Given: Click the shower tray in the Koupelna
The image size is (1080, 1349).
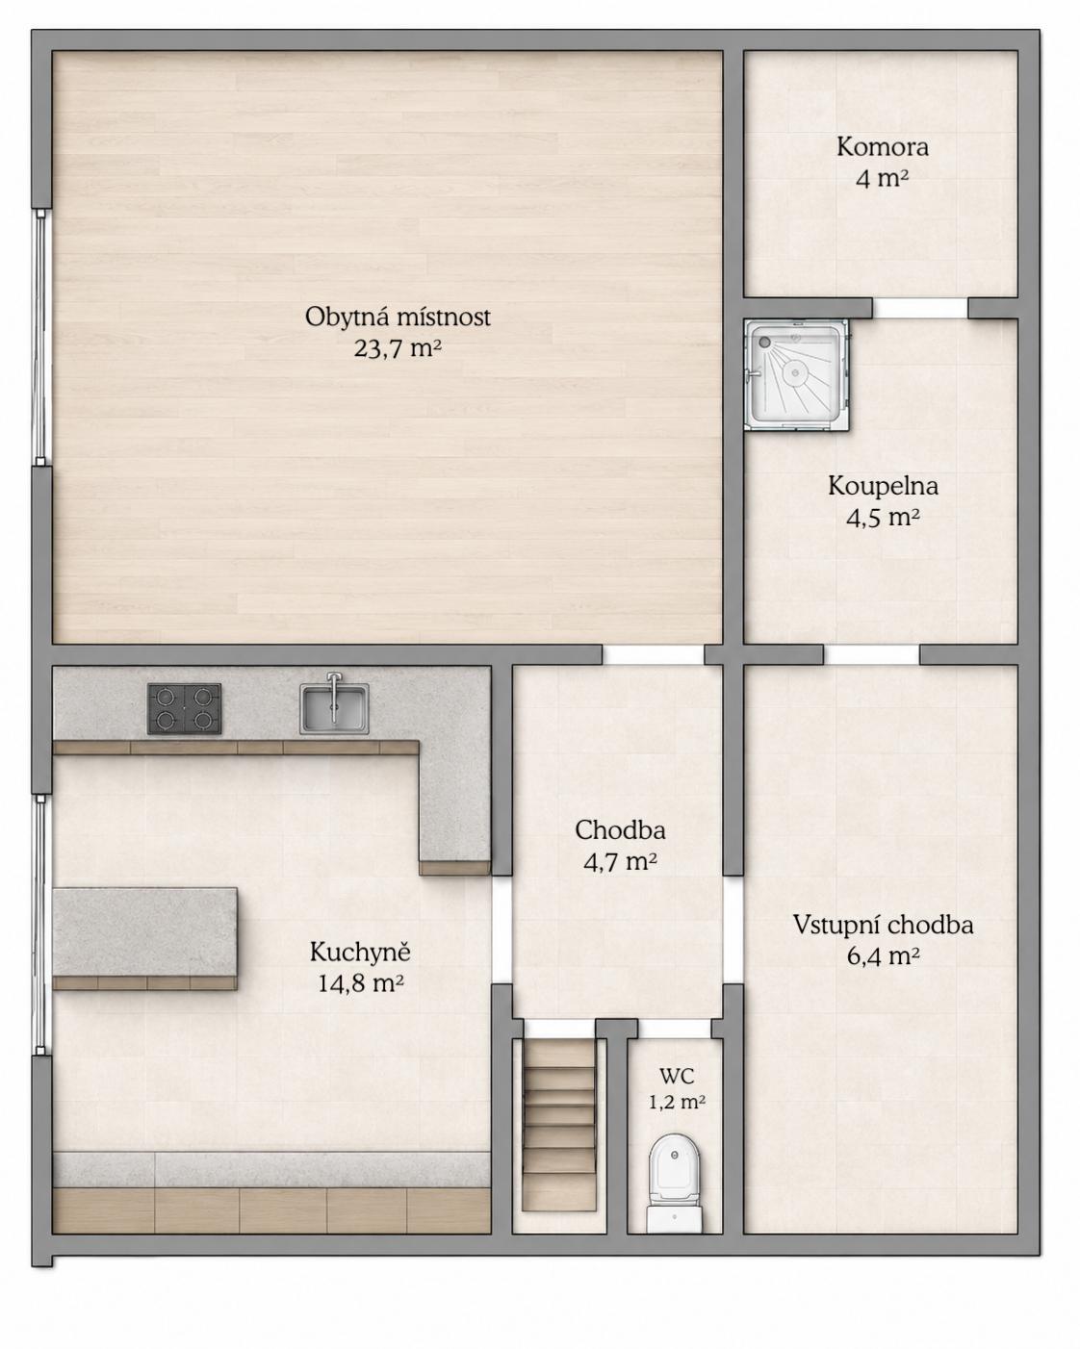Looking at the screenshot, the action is (x=796, y=375).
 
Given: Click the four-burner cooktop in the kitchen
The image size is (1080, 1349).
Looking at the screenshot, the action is (x=184, y=708).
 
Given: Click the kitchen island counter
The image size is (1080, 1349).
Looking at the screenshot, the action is (x=145, y=938).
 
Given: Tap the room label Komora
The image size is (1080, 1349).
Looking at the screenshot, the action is (x=882, y=147).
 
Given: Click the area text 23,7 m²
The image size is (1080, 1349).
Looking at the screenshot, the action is (x=398, y=348).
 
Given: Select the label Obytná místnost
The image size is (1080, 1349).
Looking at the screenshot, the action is (x=398, y=317).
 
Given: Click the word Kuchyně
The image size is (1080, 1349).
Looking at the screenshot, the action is (x=360, y=953).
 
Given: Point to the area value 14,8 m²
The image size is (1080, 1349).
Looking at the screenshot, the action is (x=360, y=983).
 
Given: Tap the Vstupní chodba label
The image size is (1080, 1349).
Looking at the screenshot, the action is (x=883, y=925).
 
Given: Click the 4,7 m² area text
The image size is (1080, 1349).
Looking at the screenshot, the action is (x=620, y=862).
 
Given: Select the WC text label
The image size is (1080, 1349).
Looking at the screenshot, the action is (x=677, y=1077).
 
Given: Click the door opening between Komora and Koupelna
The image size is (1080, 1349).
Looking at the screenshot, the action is (x=920, y=308).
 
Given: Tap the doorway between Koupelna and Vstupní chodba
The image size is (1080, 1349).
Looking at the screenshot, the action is (x=871, y=654).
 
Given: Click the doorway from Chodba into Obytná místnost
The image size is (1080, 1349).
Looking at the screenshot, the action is (x=653, y=654).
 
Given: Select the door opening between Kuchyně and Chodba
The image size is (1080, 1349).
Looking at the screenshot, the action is (x=501, y=929).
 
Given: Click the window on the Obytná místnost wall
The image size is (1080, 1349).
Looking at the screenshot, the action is (x=40, y=337).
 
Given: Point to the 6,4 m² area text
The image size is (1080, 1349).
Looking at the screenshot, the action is (x=883, y=956).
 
